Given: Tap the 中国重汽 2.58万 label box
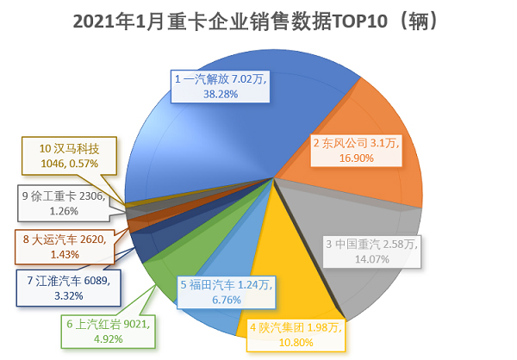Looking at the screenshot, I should pyautogui.click(x=371, y=252).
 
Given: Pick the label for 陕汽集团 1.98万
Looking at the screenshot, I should pyautogui.click(x=296, y=335).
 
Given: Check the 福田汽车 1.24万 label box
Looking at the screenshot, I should pyautogui.click(x=226, y=292).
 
